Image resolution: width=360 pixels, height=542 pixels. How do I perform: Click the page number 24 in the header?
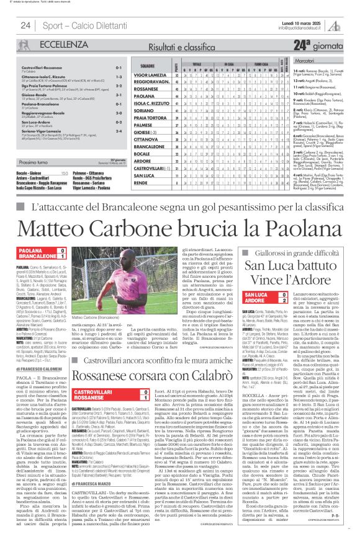pos(25,25)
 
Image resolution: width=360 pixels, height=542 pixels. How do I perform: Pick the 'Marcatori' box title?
pos(325,62)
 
